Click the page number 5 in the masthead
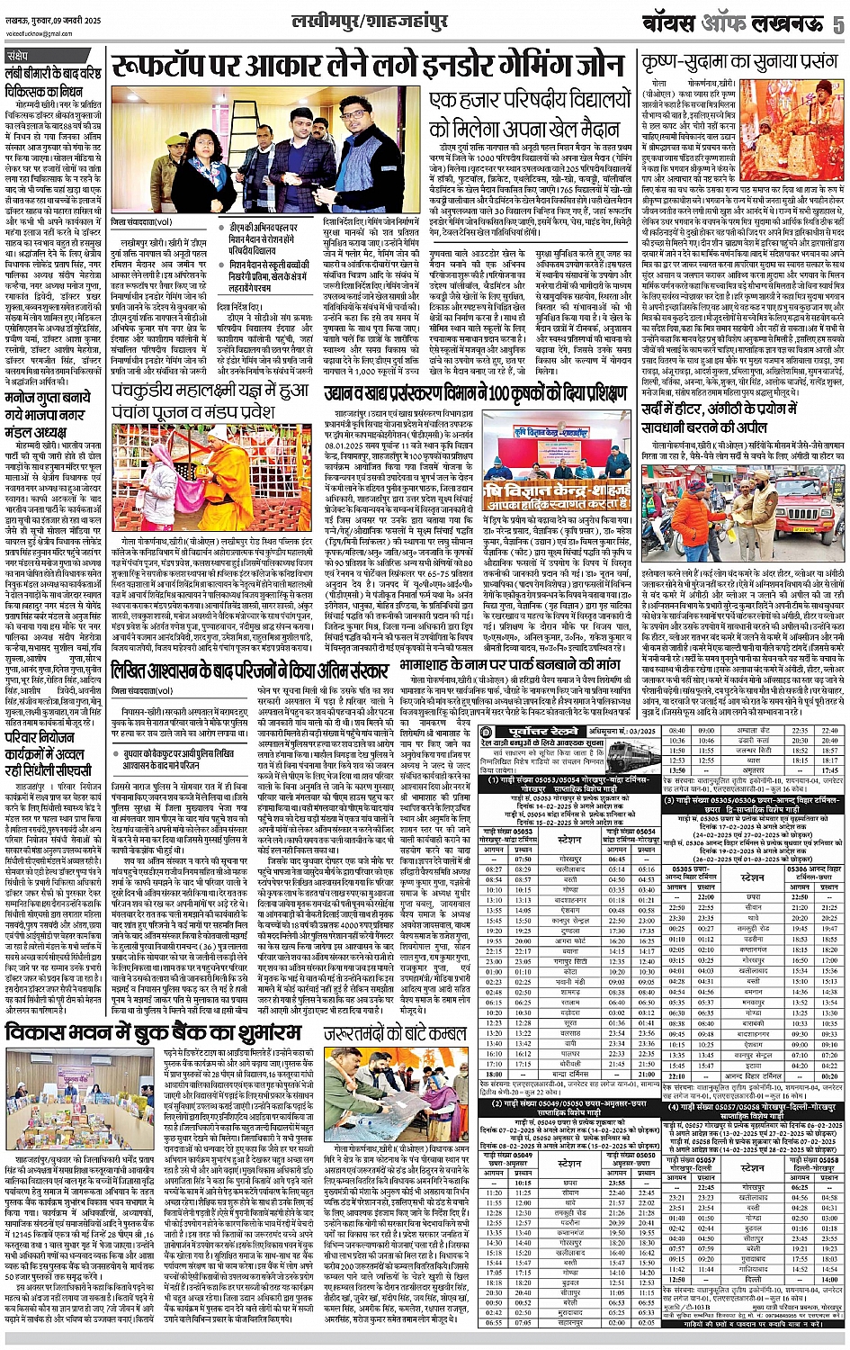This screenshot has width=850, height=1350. point(837,24)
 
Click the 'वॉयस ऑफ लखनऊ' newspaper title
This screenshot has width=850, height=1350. point(751,24)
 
